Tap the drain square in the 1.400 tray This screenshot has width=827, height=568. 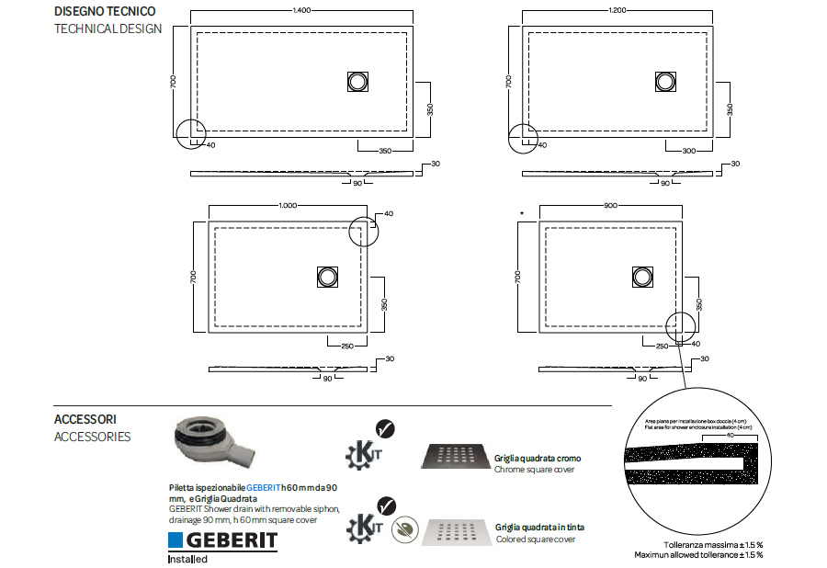[357, 81]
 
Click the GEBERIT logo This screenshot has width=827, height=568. [222, 540]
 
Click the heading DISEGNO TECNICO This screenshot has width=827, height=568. [105, 12]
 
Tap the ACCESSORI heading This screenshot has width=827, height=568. [85, 419]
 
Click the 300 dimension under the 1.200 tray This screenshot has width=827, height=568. [688, 150]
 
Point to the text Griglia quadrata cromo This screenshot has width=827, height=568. [538, 458]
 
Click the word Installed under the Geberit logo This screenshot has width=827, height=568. [187, 559]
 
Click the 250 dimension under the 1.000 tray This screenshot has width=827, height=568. [347, 346]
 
